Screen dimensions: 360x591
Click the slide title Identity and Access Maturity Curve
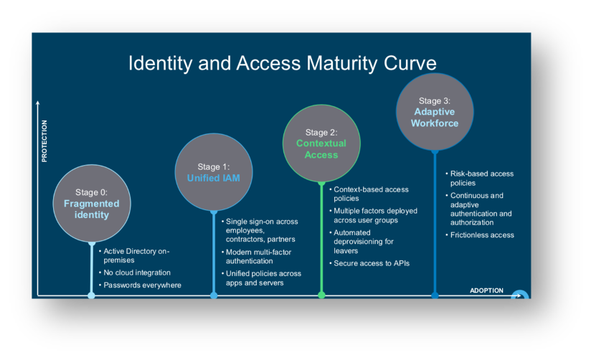(x=282, y=63)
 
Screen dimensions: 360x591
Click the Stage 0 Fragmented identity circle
(x=92, y=203)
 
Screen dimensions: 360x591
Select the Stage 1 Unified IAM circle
(x=214, y=172)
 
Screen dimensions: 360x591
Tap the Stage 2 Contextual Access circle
(x=321, y=143)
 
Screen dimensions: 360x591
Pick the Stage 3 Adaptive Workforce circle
(x=435, y=112)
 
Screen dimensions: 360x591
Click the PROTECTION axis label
(x=44, y=141)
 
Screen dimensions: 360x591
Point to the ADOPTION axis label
(x=486, y=290)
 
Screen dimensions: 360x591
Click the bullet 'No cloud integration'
(x=137, y=273)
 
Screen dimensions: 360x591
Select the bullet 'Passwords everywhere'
(x=142, y=285)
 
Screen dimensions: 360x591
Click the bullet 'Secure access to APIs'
(x=371, y=263)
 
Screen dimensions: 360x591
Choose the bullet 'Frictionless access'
(x=482, y=235)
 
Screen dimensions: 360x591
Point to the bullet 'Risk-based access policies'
(x=481, y=178)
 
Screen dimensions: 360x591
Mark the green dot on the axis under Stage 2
(x=321, y=295)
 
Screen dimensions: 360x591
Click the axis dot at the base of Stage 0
(x=91, y=295)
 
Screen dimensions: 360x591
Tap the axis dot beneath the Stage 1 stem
(x=214, y=295)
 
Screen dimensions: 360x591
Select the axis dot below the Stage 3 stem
(x=435, y=295)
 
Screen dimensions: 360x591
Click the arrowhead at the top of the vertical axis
(x=37, y=104)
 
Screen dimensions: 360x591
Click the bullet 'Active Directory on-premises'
(x=136, y=255)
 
